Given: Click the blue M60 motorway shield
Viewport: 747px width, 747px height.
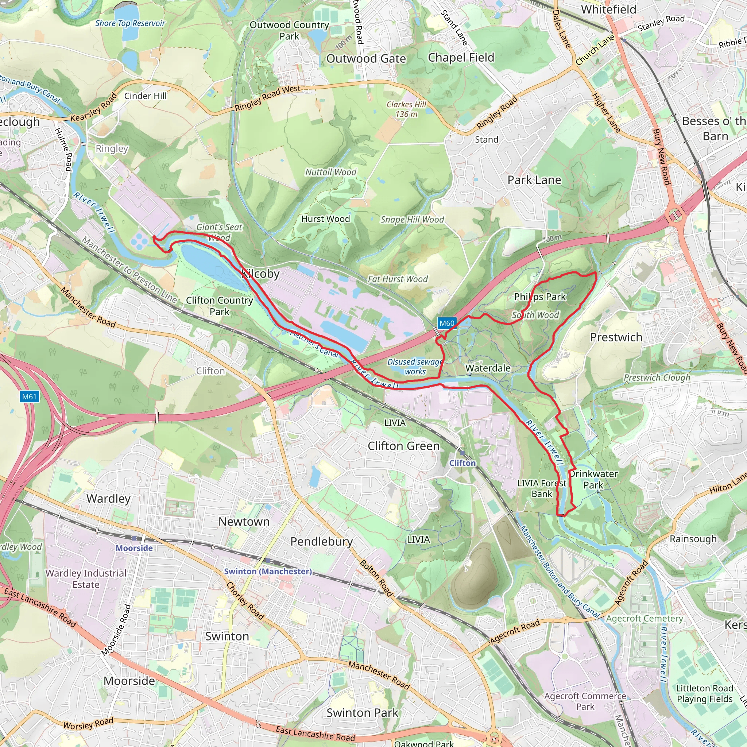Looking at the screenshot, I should click(447, 323).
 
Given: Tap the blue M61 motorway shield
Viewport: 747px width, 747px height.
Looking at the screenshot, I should click(30, 397).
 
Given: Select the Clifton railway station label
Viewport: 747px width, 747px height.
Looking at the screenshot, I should click(462, 463).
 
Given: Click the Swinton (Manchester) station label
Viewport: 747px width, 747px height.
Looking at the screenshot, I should click(268, 571).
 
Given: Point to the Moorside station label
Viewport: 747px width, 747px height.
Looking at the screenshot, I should click(134, 548).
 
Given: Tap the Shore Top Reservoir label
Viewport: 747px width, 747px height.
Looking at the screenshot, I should click(130, 23).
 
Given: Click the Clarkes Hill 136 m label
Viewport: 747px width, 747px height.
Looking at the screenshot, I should click(406, 109).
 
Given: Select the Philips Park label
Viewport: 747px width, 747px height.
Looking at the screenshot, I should click(540, 297).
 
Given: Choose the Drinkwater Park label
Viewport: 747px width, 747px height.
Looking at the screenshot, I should click(593, 479).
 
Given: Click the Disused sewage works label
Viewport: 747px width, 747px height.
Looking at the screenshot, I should click(415, 367).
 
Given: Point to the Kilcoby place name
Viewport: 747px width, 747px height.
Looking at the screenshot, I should click(260, 274).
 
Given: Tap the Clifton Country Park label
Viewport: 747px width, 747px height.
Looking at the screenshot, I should click(219, 306).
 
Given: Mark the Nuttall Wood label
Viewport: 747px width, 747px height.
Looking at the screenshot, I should click(330, 172).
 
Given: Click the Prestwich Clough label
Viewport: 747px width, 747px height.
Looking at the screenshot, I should click(657, 378).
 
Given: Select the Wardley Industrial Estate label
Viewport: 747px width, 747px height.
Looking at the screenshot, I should click(86, 579).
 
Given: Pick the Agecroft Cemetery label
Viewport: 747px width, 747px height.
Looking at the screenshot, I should click(645, 618).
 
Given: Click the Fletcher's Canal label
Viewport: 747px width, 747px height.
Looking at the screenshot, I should click(314, 344).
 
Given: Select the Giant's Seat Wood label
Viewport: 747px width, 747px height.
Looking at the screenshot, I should click(219, 232).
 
